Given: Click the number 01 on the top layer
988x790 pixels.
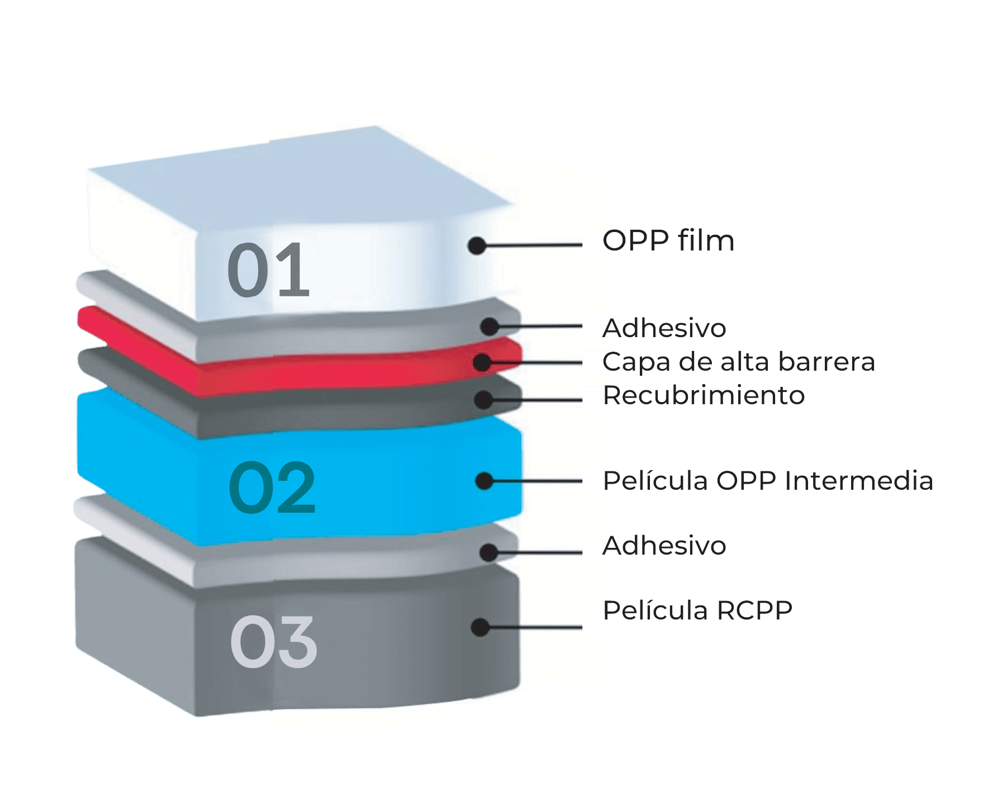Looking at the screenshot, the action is pos(268,270).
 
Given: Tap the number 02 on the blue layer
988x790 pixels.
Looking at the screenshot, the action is pos(272,487).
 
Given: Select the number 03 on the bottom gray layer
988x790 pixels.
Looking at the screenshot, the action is pos(273,642).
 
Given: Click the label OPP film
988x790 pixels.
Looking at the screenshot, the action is pos(668,241).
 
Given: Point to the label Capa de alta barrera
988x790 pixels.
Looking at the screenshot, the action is pos(739,362).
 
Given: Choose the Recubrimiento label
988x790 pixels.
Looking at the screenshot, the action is pos(704,395).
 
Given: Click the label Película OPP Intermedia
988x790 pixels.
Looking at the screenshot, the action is pos(768,481).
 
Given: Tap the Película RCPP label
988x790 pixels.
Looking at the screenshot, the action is pos(697,610).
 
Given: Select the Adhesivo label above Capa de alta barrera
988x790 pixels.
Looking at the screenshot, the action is pos(664,328).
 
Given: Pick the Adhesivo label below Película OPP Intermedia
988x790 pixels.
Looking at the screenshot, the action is pos(664,545).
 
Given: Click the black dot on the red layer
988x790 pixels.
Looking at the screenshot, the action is pos(482,362).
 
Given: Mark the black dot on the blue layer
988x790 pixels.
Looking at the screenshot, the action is pos(484,481).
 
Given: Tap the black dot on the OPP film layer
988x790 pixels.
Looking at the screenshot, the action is pos(477,245).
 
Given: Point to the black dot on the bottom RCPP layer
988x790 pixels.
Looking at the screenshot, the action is pos(480,627).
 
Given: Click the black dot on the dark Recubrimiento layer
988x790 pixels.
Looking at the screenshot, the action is pos(483,400).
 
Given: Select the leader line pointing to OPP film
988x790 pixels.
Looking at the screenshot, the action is pos(534,245).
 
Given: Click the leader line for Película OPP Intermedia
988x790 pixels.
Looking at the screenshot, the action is pos(538,481).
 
